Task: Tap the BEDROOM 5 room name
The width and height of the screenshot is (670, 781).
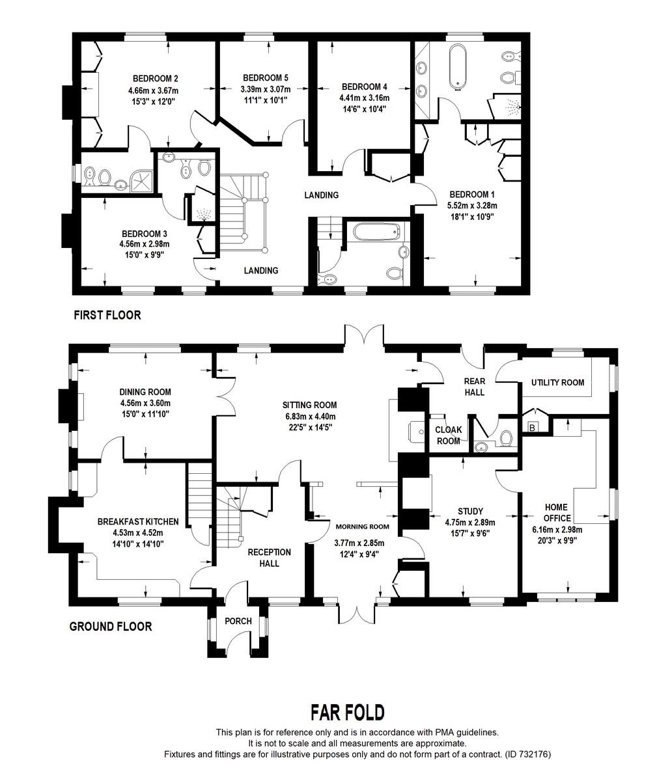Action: click(264, 77)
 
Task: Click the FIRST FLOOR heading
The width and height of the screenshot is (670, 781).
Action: click(107, 315)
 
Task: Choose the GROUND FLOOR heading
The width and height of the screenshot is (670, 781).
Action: click(111, 627)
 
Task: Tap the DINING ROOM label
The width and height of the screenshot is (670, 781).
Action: click(145, 392)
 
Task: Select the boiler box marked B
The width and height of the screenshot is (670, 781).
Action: click(532, 428)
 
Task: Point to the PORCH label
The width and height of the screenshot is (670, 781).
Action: click(238, 621)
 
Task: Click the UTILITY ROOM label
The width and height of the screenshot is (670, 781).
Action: click(557, 382)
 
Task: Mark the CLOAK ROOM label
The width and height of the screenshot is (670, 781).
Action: click(448, 435)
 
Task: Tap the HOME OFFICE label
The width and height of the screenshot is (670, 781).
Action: click(556, 513)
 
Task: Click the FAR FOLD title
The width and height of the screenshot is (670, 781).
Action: click(346, 712)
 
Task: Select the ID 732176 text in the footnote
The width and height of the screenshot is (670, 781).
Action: click(529, 754)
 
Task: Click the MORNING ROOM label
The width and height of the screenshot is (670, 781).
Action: click(362, 527)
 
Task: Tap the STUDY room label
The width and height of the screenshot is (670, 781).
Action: click(470, 511)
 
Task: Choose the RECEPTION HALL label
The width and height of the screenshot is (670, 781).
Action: click(269, 557)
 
